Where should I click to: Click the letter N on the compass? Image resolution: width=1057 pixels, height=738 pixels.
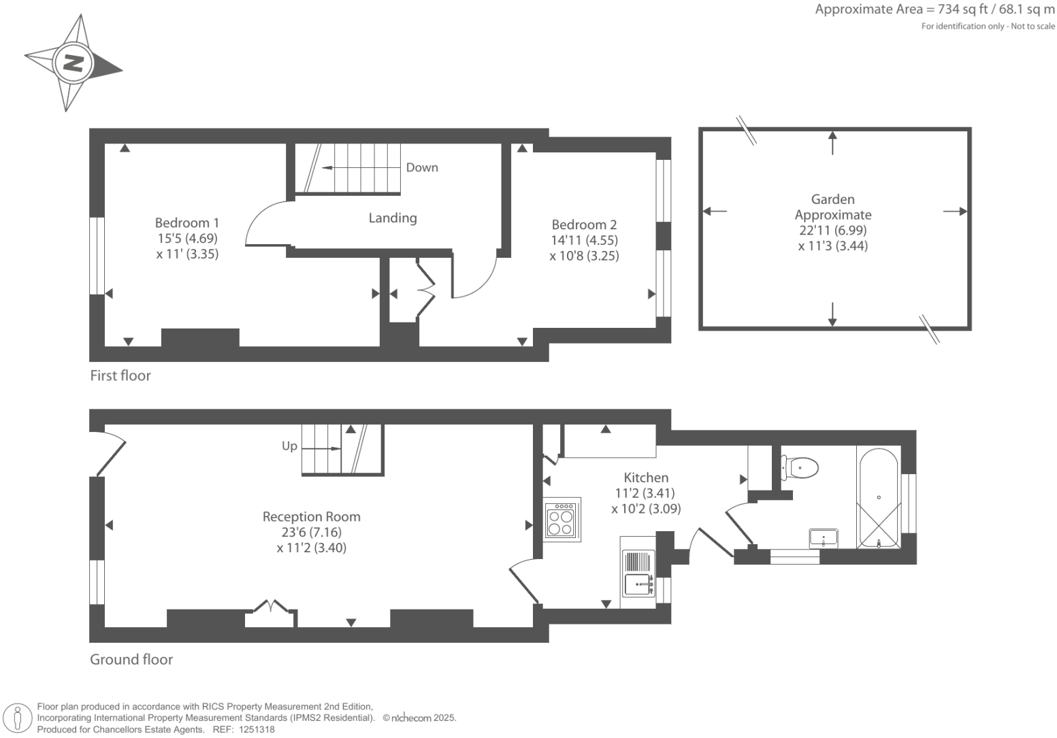(73, 63)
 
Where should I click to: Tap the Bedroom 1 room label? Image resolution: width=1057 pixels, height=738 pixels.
(187, 223)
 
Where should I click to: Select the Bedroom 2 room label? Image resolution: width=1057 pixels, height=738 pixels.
(584, 225)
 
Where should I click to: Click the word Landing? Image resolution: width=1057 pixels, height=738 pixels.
(393, 218)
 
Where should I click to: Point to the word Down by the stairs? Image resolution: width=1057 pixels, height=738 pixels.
(422, 168)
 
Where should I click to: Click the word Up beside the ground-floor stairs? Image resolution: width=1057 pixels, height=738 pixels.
(289, 446)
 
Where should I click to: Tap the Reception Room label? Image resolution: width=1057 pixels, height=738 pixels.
(312, 517)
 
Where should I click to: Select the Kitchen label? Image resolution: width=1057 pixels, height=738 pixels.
(646, 478)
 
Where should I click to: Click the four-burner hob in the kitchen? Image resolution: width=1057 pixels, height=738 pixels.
(562, 520)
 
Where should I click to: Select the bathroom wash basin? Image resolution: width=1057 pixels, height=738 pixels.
(824, 538)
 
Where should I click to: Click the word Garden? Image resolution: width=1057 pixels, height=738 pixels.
(832, 199)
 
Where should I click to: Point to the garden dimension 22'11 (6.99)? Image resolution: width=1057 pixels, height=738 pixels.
(832, 230)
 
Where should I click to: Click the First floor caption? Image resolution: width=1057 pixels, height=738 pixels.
(120, 375)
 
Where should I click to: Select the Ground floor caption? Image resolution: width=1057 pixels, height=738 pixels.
(131, 660)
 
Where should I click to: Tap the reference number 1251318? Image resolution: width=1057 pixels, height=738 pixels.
(253, 729)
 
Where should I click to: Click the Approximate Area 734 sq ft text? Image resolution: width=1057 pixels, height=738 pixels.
(934, 10)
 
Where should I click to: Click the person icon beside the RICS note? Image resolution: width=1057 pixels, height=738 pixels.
(19, 718)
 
